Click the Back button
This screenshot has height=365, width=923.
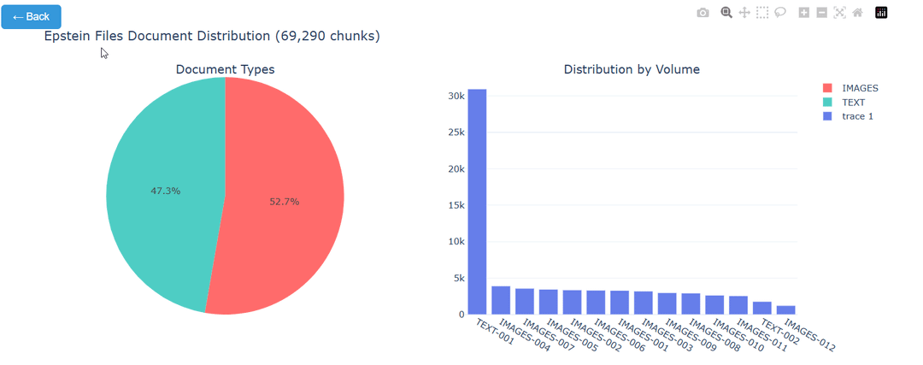pyautogui.click(x=32, y=16)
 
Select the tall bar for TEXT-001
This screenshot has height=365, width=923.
pyautogui.click(x=477, y=202)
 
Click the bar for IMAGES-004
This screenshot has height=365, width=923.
pyautogui.click(x=501, y=300)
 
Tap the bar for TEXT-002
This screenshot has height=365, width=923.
pyautogui.click(x=762, y=308)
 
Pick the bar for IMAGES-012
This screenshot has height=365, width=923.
pyautogui.click(x=786, y=310)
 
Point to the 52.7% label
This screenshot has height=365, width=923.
pyautogui.click(x=285, y=202)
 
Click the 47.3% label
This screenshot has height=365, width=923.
pyautogui.click(x=165, y=191)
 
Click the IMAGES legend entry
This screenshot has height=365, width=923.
pyautogui.click(x=860, y=88)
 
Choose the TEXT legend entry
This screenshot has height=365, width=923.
pyautogui.click(x=854, y=102)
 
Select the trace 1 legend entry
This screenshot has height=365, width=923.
pyautogui.click(x=857, y=115)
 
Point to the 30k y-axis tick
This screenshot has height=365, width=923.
pyautogui.click(x=456, y=96)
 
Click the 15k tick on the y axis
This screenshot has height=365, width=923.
pyautogui.click(x=456, y=205)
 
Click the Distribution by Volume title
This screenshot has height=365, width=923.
pyautogui.click(x=632, y=69)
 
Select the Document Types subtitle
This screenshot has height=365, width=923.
pyautogui.click(x=225, y=69)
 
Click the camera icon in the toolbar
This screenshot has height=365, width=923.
pyautogui.click(x=703, y=13)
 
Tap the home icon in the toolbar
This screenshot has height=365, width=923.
pyautogui.click(x=857, y=13)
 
